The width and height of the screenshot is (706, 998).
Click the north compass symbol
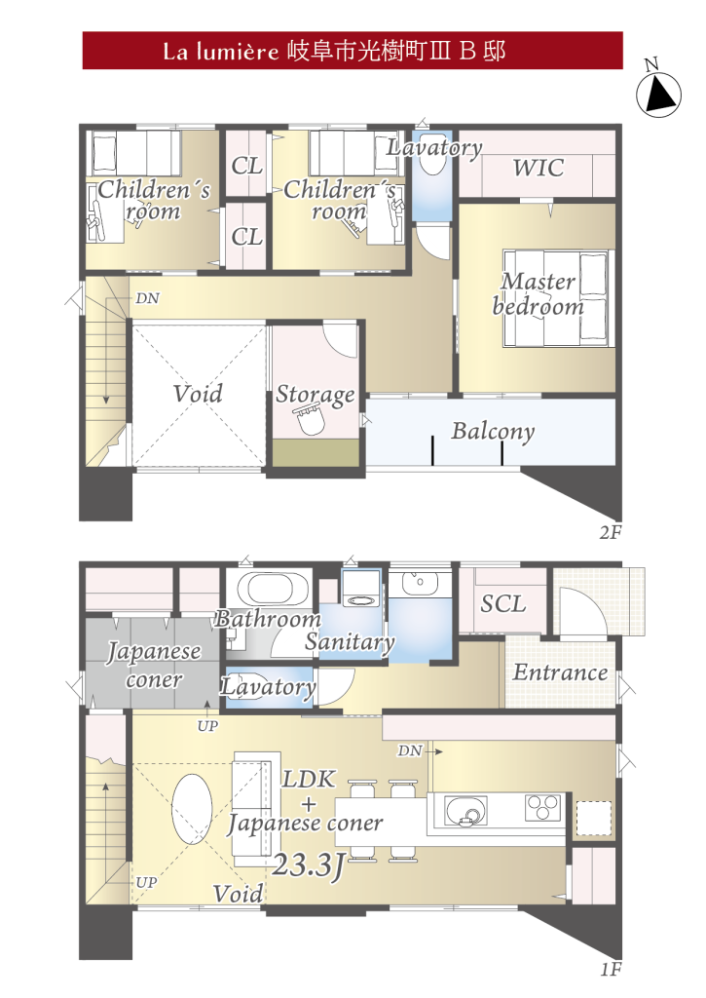click(658, 94)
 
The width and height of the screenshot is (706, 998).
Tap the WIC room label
click(539, 168)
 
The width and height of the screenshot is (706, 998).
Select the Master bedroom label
click(539, 294)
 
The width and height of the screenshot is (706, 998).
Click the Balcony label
click(493, 432)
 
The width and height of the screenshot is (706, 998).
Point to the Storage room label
click(315, 395)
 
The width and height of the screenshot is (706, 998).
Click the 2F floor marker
click(611, 532)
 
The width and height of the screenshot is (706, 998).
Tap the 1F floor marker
click(611, 970)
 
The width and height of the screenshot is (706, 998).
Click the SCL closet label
click(503, 603)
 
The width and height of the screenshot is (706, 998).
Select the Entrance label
click(560, 672)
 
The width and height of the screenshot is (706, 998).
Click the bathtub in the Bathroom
click(269, 590)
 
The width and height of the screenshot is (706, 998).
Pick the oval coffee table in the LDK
click(192, 809)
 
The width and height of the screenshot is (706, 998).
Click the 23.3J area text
click(309, 865)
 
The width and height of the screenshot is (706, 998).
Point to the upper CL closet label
click(246, 166)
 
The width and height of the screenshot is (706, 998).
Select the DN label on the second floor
click(148, 298)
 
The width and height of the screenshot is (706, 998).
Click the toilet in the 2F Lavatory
click(434, 159)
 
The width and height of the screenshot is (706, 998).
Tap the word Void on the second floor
click(198, 394)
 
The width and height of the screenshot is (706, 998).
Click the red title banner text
click(335, 51)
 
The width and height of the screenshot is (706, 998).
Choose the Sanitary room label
click(350, 641)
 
